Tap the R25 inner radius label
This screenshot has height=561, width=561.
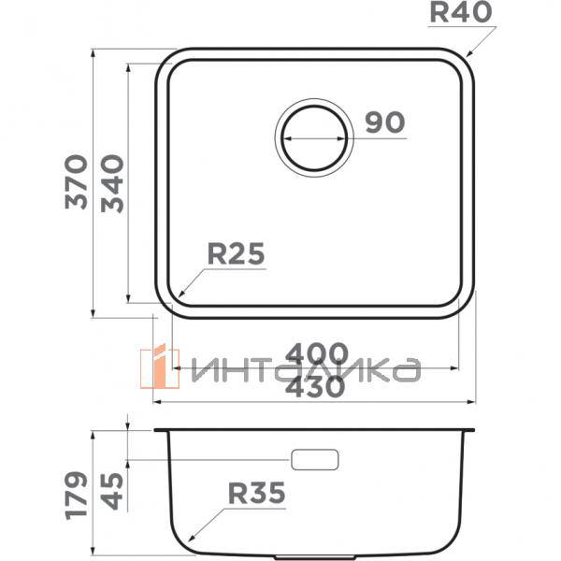(236, 253)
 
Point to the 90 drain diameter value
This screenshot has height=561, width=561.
(383, 122)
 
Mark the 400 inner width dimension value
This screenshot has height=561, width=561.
(316, 354)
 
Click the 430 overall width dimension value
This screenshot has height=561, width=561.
(316, 385)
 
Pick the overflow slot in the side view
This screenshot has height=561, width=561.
(314, 459)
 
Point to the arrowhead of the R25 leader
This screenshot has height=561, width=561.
(177, 297)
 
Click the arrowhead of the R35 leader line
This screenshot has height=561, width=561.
(190, 540)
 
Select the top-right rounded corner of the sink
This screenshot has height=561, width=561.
(462, 61)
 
